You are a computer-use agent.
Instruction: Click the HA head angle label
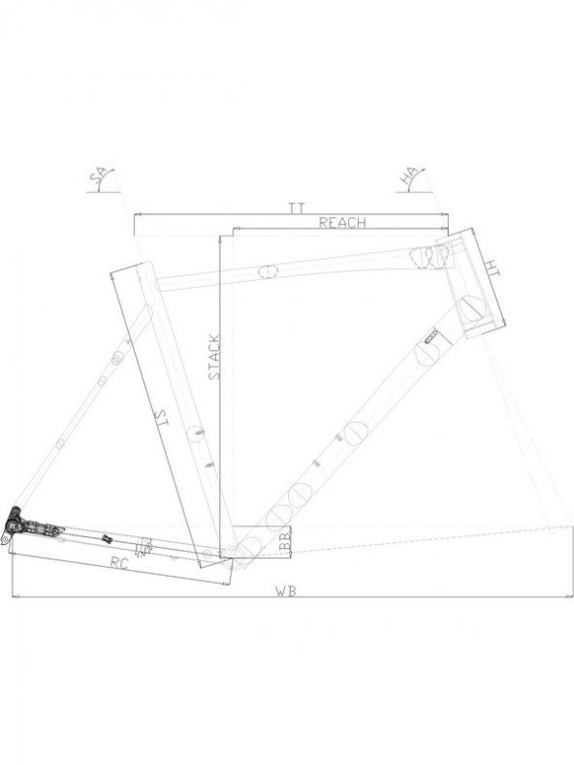pos(410,177)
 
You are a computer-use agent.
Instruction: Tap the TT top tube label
pos(297,208)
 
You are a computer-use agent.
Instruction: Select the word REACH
pos(341,222)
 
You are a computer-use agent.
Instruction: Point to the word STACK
pos(214,357)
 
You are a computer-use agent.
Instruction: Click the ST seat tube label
pos(161,419)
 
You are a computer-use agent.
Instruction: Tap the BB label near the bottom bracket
pos(286,542)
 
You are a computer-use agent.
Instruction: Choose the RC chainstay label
pos(118,564)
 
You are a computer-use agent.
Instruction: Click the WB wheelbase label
pos(286,591)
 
